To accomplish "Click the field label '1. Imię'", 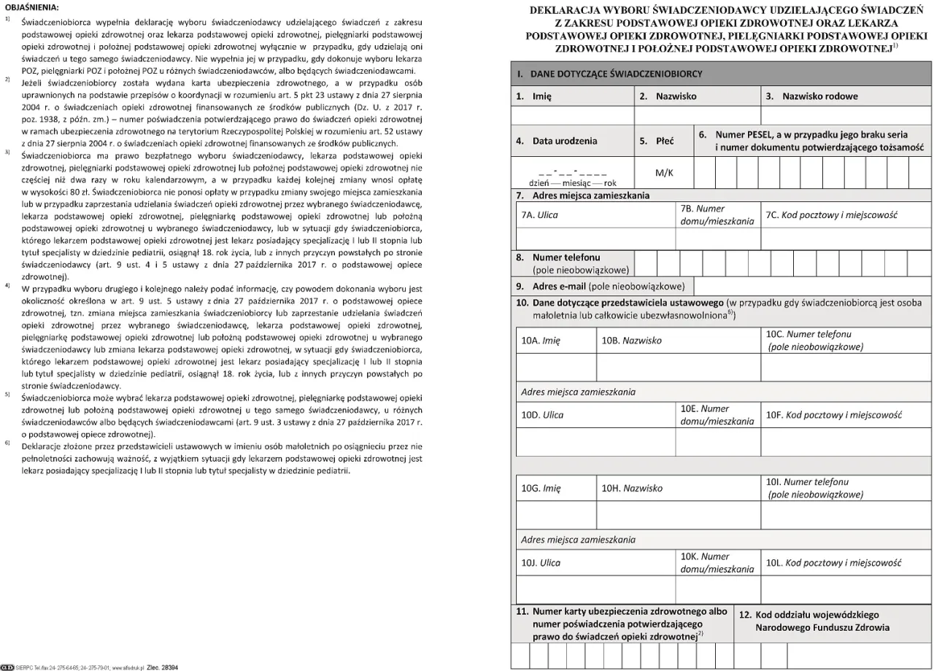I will coord(533,96).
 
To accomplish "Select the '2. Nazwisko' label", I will coord(668,96).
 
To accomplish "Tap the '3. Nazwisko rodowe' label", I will coord(811,96).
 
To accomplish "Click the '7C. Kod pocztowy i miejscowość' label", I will coord(831,216).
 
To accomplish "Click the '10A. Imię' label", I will coord(541,341).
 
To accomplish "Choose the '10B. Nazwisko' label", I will coord(631,341).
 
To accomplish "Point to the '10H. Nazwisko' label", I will coord(632,489).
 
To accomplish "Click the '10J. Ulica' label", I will coord(541,563).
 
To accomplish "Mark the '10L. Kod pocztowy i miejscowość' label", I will coord(833,563).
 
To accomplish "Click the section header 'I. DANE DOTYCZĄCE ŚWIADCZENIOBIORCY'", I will coord(609,74).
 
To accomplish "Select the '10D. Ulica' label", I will coord(542,415).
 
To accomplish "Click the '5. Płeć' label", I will coord(656,141).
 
